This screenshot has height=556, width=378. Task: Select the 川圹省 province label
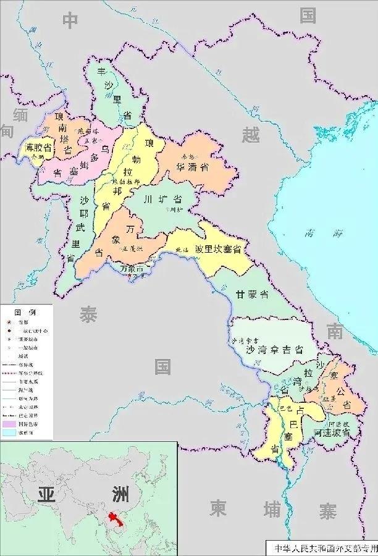[x=162, y=200]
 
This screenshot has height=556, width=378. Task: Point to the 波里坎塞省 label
[x=217, y=248]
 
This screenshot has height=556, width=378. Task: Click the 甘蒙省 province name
[x=252, y=295]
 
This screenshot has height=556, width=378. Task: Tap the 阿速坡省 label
[x=332, y=432]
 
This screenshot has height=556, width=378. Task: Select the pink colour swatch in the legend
[x=9, y=425]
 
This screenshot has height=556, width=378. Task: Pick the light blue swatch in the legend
[x=9, y=434]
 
